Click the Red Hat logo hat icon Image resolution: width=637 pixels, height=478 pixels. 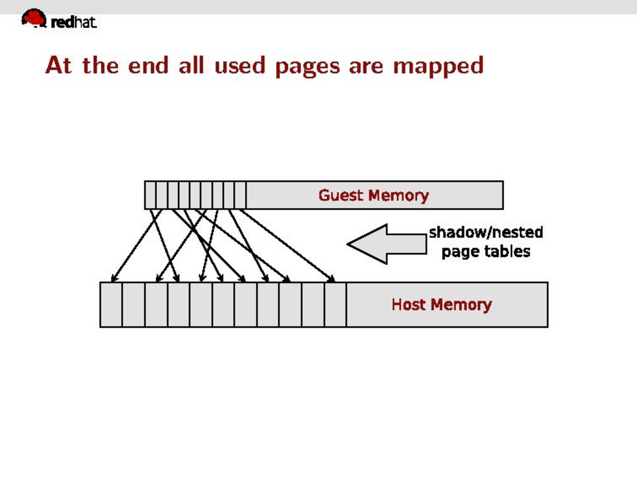pos(33,18)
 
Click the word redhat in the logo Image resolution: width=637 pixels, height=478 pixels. pos(74,22)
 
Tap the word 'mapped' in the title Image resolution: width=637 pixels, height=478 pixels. pos(438,66)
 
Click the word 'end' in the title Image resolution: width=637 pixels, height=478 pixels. pos(148,65)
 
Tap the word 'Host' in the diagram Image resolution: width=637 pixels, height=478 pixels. pos(409,304)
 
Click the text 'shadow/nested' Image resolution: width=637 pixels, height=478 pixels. pos(486,232)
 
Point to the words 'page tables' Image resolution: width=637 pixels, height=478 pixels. pos(486,251)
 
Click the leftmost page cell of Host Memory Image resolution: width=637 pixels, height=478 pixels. pos(111,304)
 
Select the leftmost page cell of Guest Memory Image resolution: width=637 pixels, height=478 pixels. pos(150,195)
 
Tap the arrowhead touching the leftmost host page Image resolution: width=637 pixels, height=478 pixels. pos(114,278)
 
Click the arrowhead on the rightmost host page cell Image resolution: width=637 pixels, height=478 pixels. pos(332,278)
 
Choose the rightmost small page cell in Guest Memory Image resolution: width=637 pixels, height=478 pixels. pos(240,195)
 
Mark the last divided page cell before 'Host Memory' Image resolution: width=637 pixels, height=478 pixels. pos(335,304)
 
